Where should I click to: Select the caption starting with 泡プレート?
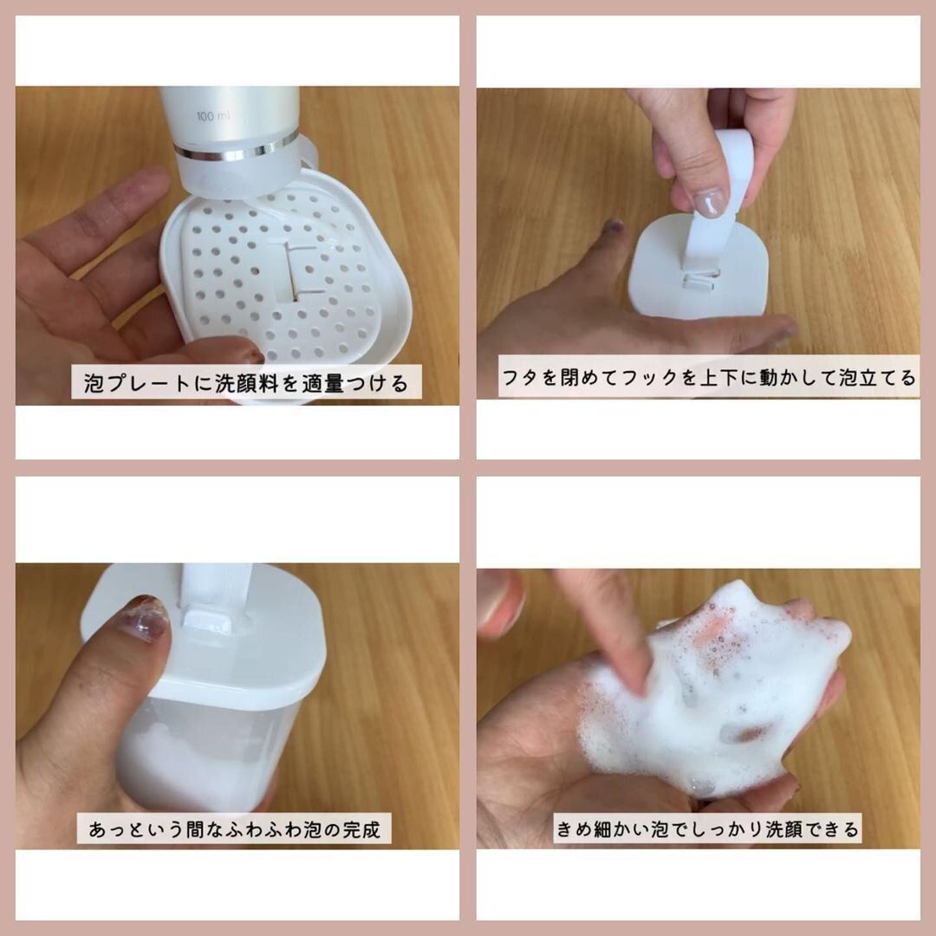(x=245, y=382)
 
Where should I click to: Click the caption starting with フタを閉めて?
(x=708, y=380)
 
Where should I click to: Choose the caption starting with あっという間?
(x=234, y=829)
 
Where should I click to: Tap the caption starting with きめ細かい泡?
(x=708, y=829)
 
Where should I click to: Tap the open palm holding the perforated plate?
(x=87, y=286)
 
